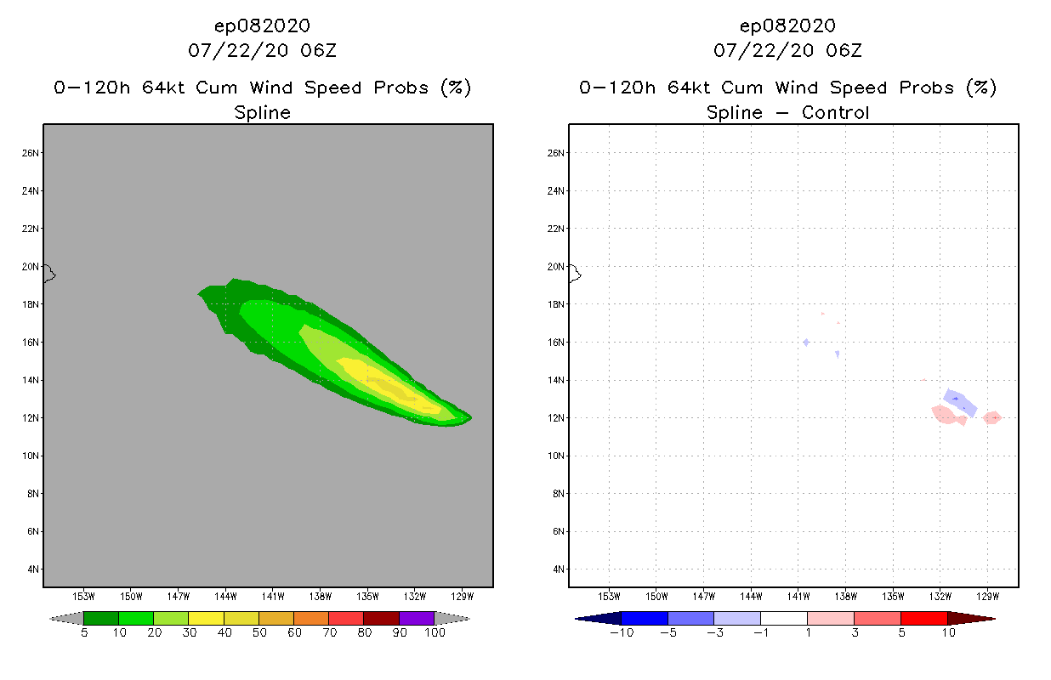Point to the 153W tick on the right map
pyautogui.click(x=609, y=596)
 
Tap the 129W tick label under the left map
pyautogui.click(x=462, y=596)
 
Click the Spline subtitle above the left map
pyautogui.click(x=262, y=112)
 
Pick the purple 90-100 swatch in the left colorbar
pyautogui.click(x=417, y=618)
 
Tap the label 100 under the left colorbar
pyautogui.click(x=435, y=633)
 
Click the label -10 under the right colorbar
pyautogui.click(x=621, y=633)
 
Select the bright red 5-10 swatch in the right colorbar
pyautogui.click(x=923, y=618)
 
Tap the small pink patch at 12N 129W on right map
pyautogui.click(x=992, y=417)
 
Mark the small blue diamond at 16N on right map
pyautogui.click(x=805, y=342)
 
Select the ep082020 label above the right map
pyautogui.click(x=787, y=25)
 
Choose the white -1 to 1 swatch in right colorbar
pyautogui.click(x=783, y=618)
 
